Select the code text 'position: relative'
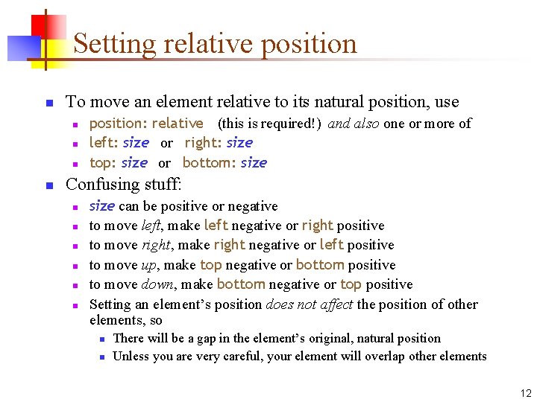click(x=146, y=123)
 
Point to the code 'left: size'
click(x=119, y=142)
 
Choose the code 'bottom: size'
click(x=224, y=162)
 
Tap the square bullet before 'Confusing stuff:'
click(x=48, y=184)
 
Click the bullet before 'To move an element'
click(x=48, y=103)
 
